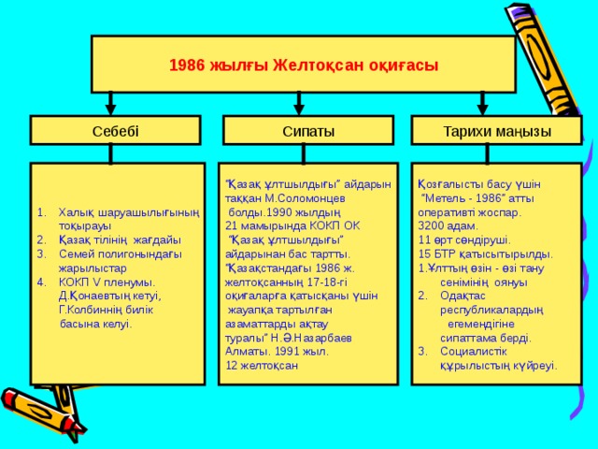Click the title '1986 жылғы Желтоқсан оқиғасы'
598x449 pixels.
(304, 65)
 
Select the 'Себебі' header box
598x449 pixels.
(116, 130)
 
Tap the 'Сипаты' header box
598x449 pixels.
(307, 130)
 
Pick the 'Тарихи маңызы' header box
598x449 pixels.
(496, 130)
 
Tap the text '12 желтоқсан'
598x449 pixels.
(263, 364)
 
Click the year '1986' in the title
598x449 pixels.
(185, 65)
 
